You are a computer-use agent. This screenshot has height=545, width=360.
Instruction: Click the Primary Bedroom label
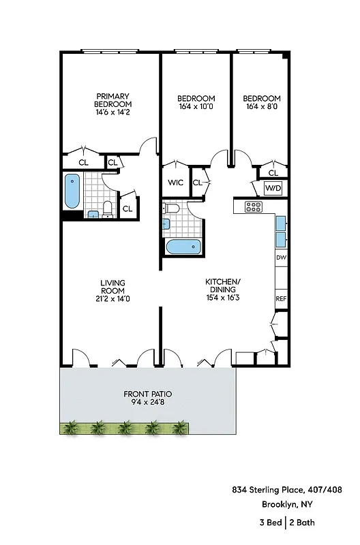pos(112,100)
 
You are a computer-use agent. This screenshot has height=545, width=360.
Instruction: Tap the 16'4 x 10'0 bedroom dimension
pos(196,106)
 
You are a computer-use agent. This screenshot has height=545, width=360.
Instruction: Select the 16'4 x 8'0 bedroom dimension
pos(262,106)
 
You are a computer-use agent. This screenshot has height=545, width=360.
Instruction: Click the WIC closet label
pos(175,183)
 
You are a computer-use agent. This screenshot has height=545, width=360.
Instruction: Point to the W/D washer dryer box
pos(273,187)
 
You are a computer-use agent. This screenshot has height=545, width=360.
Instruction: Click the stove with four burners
pos(254,207)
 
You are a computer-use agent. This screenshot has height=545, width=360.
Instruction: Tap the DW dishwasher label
pos(280,258)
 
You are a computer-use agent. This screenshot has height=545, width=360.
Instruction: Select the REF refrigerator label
pos(280,298)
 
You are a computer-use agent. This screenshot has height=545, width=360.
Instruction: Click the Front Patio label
pos(147,398)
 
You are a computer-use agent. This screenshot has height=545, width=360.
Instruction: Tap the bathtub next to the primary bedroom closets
pos(72,192)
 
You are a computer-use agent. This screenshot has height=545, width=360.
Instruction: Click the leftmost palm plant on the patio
pos(70,428)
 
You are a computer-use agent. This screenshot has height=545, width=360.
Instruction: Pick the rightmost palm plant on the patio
pos(179,428)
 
